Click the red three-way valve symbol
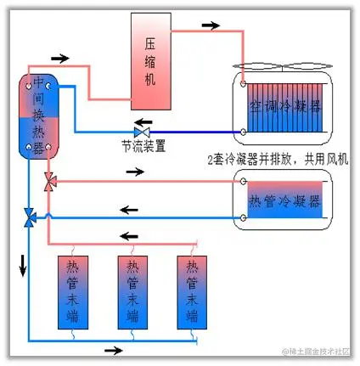coord(48,182)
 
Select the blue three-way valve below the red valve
coord(30,218)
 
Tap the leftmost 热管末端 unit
coord(72,292)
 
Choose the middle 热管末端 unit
coord(132,292)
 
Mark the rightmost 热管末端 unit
coord(193,292)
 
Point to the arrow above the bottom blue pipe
coord(112,350)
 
